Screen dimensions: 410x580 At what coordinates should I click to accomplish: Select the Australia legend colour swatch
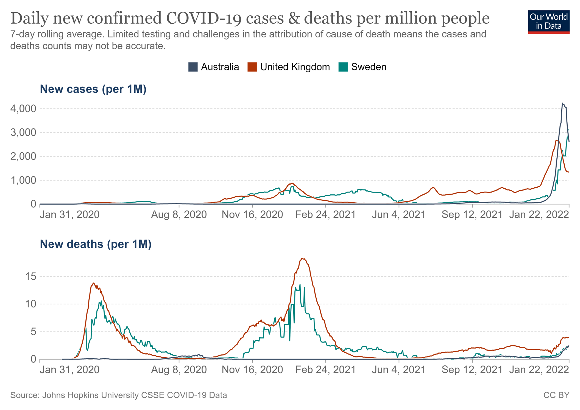pos(193,67)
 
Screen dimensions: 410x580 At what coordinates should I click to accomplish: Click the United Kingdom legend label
pos(295,67)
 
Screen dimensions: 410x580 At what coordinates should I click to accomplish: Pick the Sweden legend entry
pos(369,67)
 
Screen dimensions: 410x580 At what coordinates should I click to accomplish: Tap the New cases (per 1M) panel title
pos(93,89)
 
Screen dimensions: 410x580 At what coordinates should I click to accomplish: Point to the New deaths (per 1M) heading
pos(96,244)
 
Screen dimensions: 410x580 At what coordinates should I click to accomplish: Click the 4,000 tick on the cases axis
pos(23,109)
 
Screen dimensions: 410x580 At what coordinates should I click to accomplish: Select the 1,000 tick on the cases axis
pos(23,180)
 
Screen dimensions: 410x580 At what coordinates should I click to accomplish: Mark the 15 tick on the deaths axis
pos(30,276)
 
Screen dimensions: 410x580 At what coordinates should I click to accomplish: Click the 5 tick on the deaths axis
pos(33,332)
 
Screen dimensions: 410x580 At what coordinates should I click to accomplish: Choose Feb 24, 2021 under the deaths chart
pos(325,370)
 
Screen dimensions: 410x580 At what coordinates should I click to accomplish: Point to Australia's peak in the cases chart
pos(562,103)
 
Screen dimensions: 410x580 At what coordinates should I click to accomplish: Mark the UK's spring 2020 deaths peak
pos(93,283)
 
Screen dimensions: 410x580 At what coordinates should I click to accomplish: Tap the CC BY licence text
pos(556,395)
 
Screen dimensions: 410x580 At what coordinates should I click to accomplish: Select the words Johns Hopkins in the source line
pos(67,395)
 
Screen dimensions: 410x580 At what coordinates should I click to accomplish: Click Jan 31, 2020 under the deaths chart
pos(70,370)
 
